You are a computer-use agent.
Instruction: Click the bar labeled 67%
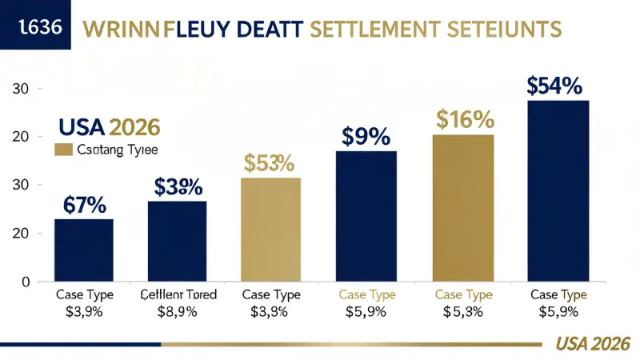click(84, 250)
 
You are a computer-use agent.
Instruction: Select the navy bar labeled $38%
click(177, 242)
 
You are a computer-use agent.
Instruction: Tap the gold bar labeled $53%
click(270, 230)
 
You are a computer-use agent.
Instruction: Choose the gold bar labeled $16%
click(463, 208)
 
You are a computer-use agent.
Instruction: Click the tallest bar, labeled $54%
click(558, 190)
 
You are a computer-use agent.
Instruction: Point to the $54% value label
click(554, 86)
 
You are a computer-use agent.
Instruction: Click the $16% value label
click(465, 120)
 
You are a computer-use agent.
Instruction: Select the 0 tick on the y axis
click(26, 282)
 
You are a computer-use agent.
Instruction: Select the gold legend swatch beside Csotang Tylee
click(62, 149)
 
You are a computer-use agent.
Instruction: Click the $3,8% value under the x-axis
click(270, 311)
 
